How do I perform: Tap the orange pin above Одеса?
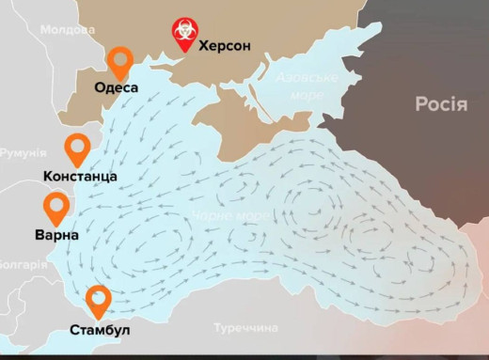point(119,63)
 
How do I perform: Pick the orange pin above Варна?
point(57,210)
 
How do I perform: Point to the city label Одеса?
point(117,88)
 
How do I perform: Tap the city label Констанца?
point(80,176)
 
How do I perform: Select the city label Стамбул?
point(100,330)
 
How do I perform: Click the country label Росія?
point(441,104)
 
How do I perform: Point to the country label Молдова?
point(69,30)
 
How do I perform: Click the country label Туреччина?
point(245,328)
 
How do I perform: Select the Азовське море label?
point(306,87)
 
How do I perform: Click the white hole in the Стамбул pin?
point(99,298)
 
